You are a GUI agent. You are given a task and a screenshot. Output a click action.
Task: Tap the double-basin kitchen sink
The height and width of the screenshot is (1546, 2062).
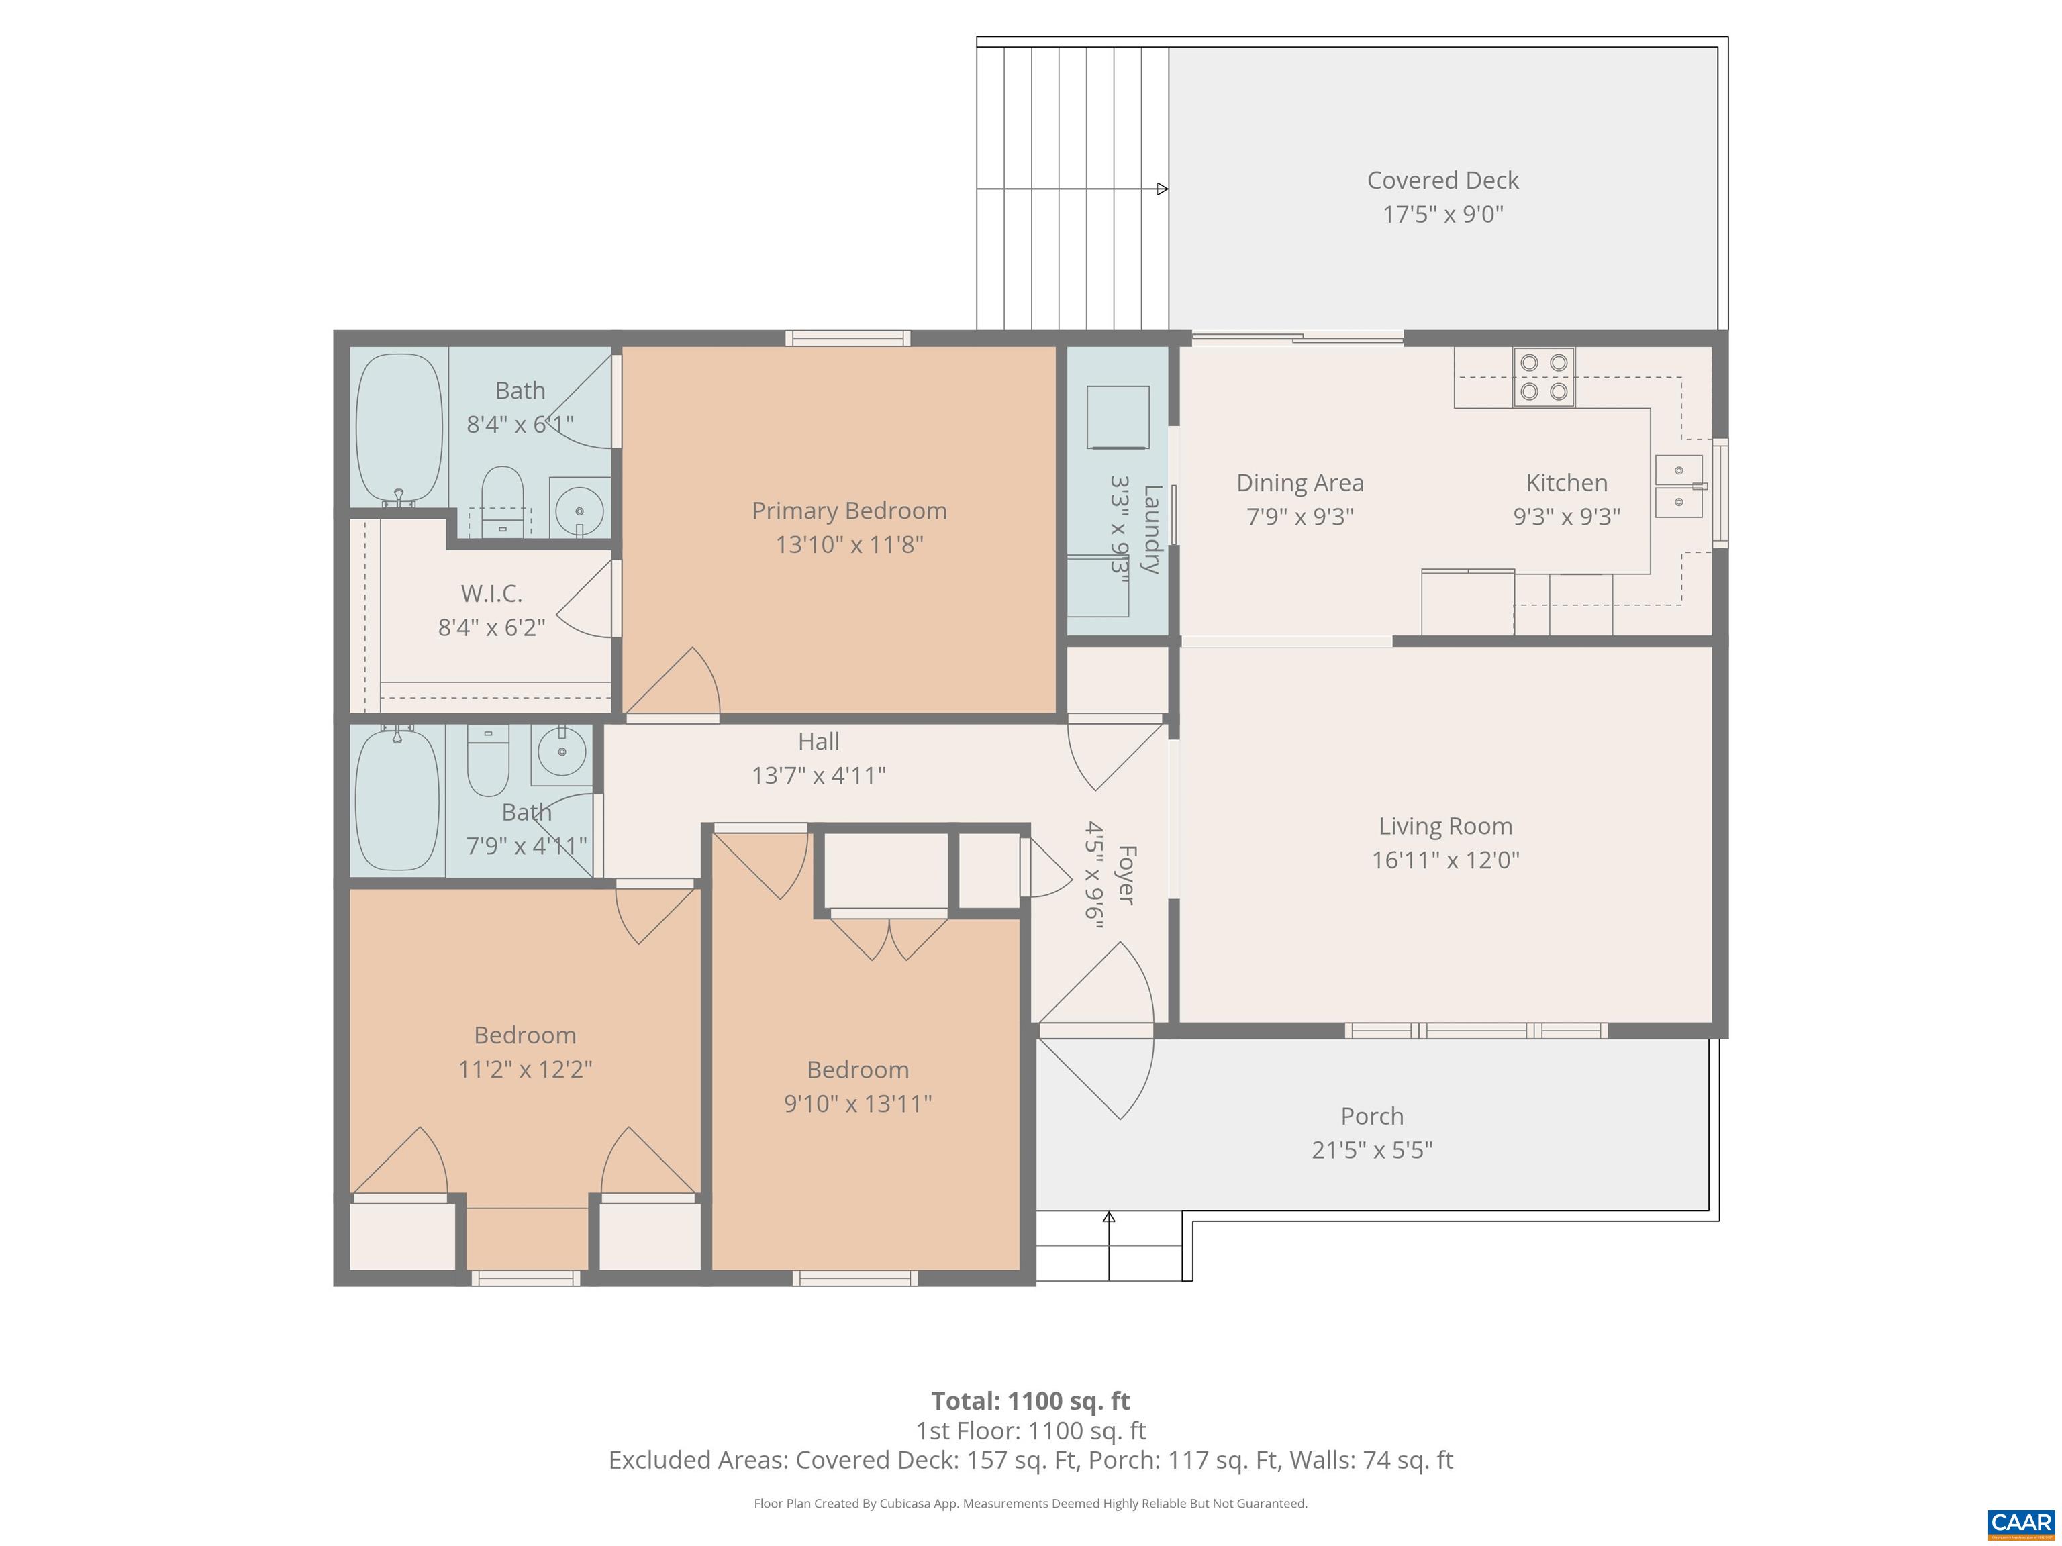[1678, 486]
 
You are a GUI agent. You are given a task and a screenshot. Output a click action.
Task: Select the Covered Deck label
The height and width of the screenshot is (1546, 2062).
[1442, 180]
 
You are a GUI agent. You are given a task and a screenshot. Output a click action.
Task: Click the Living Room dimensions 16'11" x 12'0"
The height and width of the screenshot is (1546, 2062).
[1445, 859]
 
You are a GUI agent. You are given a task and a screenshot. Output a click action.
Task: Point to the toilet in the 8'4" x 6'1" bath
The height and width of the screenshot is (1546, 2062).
[503, 499]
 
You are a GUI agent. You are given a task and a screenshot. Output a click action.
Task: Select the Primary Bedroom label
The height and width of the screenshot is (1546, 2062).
[848, 511]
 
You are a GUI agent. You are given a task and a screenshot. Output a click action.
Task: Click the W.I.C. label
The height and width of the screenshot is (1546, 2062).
[491, 594]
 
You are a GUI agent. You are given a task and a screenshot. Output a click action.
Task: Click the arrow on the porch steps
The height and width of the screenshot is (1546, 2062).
[1108, 1218]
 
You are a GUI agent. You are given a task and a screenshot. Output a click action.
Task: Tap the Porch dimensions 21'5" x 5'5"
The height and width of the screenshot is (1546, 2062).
[1371, 1150]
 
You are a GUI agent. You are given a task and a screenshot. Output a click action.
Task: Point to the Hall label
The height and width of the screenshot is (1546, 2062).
[818, 741]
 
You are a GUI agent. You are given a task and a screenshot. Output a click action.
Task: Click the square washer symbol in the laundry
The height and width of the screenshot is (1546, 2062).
[1118, 417]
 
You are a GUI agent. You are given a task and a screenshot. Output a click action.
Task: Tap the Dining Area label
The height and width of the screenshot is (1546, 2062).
[1299, 482]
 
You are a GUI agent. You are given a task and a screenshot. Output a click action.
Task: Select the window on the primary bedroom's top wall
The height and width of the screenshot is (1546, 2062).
[847, 338]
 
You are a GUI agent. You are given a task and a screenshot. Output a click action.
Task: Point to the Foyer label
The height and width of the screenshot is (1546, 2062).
[1126, 874]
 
